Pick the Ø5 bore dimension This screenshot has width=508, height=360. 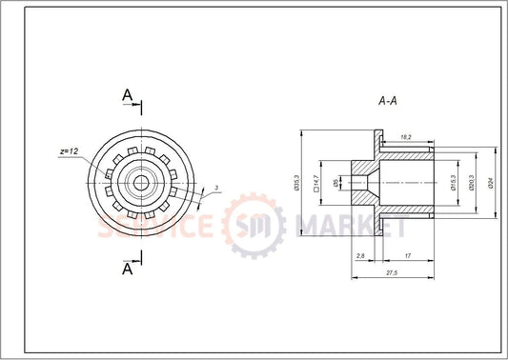tap(335, 182)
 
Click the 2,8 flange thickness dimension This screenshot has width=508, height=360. tap(359, 256)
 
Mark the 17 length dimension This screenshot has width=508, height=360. tap(408, 256)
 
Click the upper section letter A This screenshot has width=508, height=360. tap(128, 94)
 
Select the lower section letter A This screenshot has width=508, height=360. tap(128, 269)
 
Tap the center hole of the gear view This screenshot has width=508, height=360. tap(141, 181)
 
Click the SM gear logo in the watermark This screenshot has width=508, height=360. tap(254, 227)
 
